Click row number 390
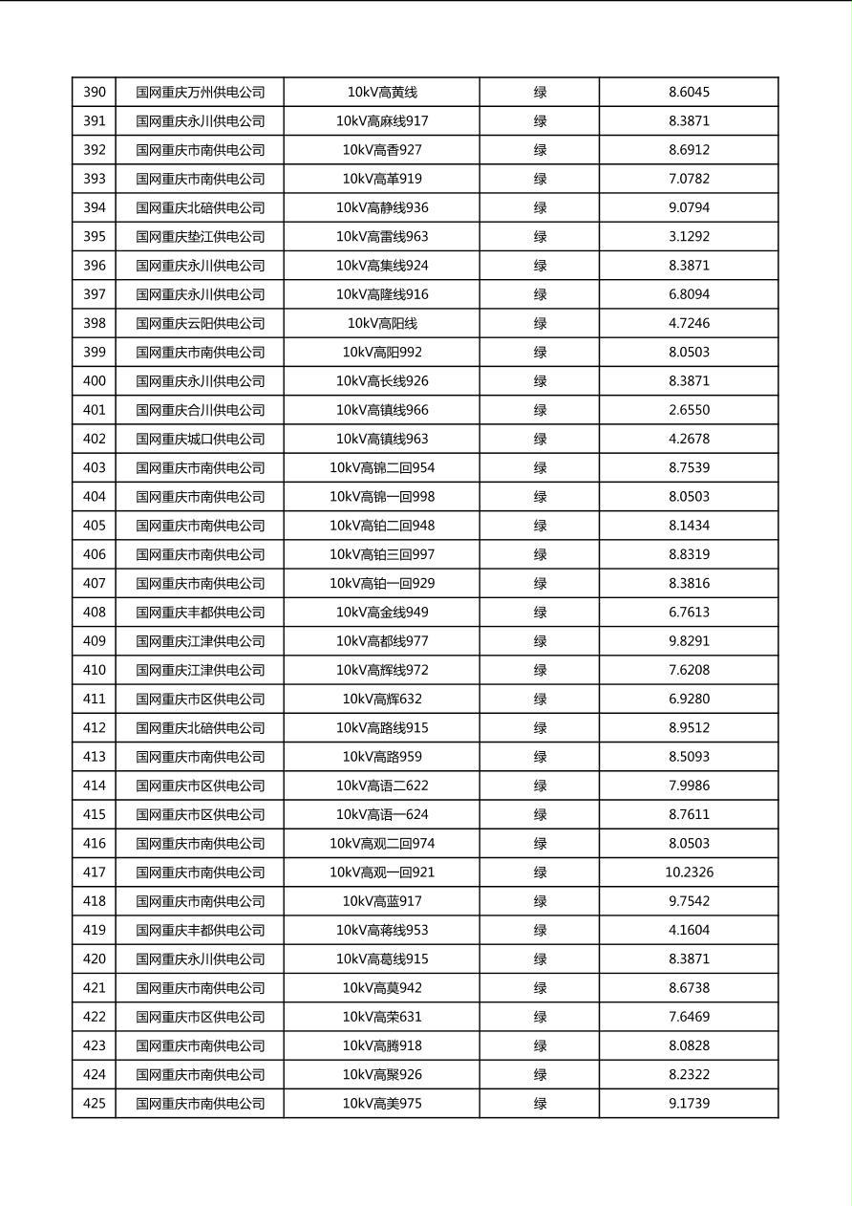(95, 93)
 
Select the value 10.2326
(689, 872)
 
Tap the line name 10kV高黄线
(382, 93)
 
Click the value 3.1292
(689, 237)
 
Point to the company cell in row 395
(200, 237)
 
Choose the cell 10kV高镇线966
(382, 410)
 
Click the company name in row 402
(200, 440)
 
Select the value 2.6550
(689, 410)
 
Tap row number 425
(95, 1104)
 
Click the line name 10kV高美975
(382, 1104)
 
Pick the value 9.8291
(689, 641)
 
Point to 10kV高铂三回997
(382, 554)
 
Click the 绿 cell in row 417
(540, 872)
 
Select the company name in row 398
(200, 324)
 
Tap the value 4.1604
(689, 930)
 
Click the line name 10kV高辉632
(382, 700)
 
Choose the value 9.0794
(689, 208)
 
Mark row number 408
(95, 613)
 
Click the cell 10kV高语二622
(382, 786)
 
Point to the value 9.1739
(689, 1104)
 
